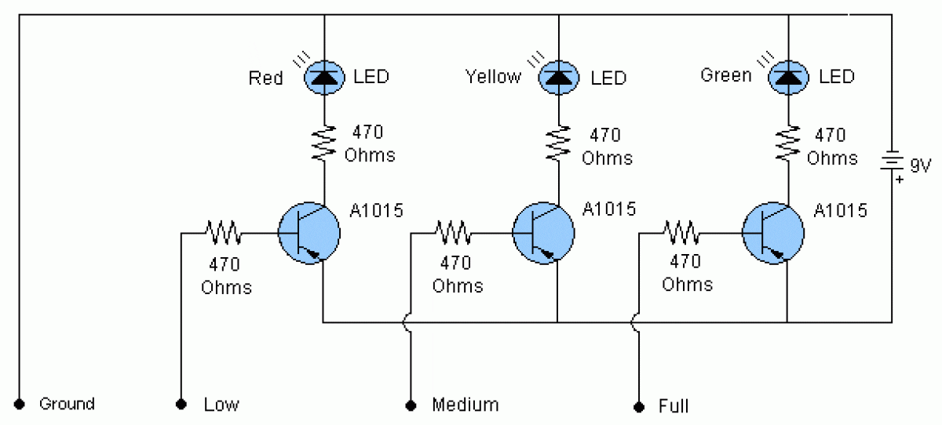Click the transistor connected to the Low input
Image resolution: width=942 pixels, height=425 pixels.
pos(309,233)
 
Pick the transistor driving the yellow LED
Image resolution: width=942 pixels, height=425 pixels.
pos(543,233)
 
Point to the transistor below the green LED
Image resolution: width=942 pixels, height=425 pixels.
pos(773,233)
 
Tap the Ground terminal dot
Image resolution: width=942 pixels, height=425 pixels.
pos(20,404)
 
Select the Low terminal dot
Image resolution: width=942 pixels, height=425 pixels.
pos(181,405)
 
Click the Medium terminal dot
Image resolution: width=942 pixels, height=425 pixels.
pos(410,405)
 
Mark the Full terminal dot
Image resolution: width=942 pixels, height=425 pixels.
pos(639,405)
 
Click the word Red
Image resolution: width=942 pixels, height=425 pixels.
pos(265,78)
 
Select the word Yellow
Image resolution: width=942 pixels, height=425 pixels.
pos(493,77)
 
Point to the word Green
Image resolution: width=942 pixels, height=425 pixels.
pos(725,76)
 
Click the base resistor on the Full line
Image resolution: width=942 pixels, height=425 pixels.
pos(682,232)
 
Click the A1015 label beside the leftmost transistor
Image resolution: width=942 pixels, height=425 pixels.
pos(376,210)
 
